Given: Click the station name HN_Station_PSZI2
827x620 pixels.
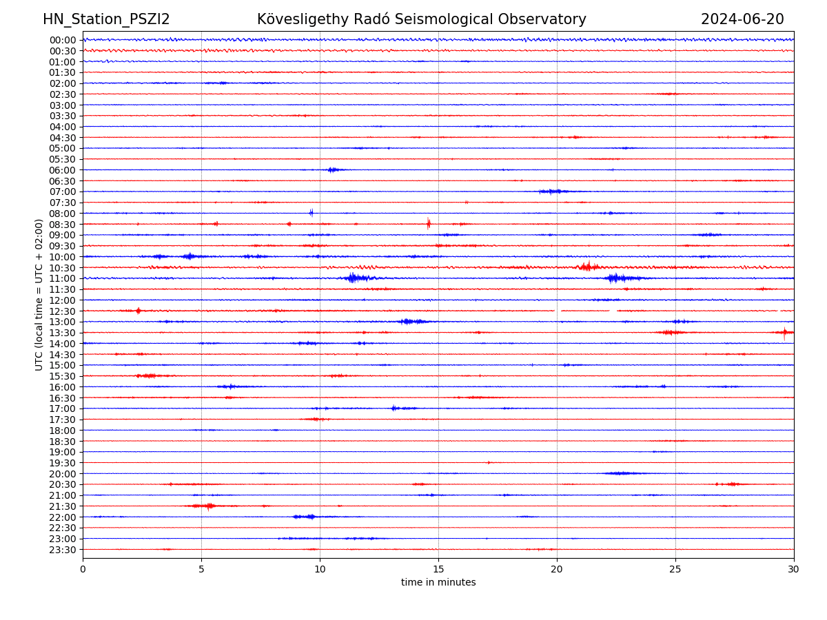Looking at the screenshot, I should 106,19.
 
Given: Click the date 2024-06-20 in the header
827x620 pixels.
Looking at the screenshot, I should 742,19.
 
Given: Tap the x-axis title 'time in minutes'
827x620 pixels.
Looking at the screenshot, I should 438,582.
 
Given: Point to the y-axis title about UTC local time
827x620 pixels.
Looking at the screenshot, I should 39,294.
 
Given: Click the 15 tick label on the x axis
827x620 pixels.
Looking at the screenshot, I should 438,570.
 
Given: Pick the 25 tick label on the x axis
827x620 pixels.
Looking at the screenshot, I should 675,570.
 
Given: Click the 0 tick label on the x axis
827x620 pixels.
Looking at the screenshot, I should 83,570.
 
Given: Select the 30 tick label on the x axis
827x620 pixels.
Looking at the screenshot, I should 794,570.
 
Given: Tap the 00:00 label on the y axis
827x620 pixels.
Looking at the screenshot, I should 62,40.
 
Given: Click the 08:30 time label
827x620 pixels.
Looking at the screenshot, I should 62,225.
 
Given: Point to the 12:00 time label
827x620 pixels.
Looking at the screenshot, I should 62,300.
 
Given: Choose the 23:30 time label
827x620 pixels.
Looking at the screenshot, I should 62,550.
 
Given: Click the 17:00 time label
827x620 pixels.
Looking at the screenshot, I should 62,409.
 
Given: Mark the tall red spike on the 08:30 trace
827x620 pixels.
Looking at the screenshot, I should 429,223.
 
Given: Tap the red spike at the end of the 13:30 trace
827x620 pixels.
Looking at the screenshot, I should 784,333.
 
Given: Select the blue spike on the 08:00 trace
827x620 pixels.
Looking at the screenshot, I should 312,213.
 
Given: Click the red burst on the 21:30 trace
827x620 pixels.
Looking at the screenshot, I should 209,506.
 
